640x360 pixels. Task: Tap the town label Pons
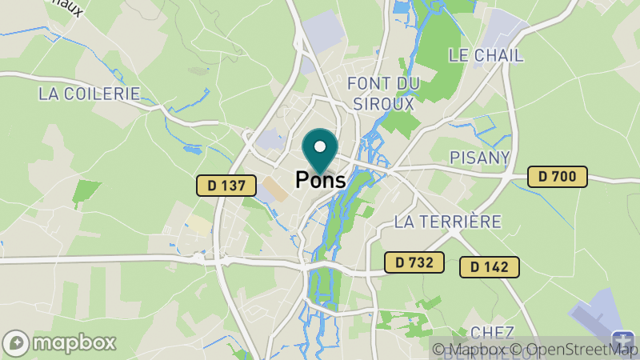(x=321, y=180)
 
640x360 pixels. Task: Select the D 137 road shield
(x=221, y=186)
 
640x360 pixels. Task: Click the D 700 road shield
(x=558, y=177)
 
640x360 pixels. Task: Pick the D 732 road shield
(x=414, y=262)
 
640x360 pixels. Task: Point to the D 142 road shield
(x=490, y=267)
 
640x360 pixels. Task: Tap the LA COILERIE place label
(x=89, y=94)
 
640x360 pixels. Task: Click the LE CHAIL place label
(x=486, y=55)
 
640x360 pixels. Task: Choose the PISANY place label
(x=480, y=157)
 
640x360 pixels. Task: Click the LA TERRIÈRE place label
(x=448, y=221)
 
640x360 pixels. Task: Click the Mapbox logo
(x=60, y=342)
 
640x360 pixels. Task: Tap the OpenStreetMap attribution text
(x=575, y=349)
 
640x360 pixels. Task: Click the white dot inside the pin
(x=321, y=146)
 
